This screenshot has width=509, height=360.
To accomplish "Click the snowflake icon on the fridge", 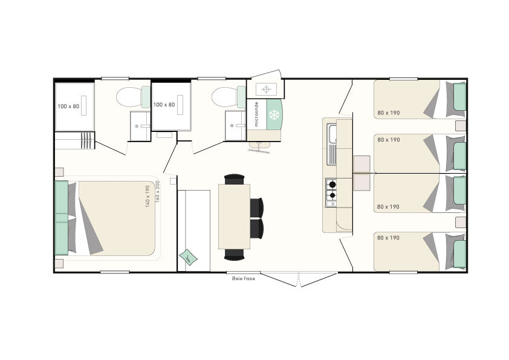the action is [274, 114].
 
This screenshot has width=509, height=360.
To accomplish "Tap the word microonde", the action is [256, 114].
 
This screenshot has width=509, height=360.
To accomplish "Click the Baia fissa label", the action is [244, 278].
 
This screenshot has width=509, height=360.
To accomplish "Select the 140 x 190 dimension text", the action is [148, 196].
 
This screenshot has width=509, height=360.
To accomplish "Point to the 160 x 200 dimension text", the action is [157, 192].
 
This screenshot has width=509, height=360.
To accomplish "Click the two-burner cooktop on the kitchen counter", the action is [331, 192].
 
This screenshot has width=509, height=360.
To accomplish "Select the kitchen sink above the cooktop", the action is [332, 144].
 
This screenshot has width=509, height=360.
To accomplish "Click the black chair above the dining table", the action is [234, 179].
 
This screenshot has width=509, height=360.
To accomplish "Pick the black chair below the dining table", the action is [234, 254].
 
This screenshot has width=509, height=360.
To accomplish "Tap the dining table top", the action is [234, 217].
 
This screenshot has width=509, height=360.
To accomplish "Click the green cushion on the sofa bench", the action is [188, 257].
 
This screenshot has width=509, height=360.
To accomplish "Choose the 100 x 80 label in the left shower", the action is [68, 106].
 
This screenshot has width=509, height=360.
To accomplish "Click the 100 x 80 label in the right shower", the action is [164, 105].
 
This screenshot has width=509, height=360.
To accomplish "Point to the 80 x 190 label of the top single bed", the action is [389, 113].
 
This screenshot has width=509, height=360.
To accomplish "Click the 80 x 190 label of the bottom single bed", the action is [388, 238].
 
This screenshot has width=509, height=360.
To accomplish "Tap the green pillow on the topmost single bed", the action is [459, 96].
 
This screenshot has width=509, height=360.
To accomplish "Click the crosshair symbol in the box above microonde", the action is [266, 89].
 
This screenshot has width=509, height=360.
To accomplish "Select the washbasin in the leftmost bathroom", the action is [140, 126].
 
